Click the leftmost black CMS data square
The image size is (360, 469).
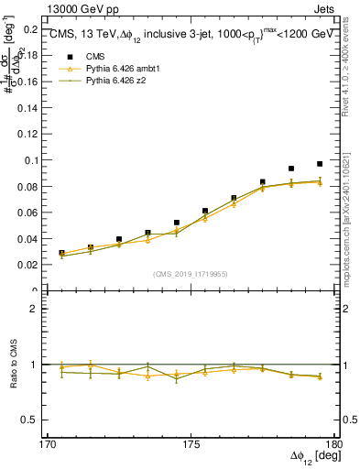[x=61, y=253]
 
